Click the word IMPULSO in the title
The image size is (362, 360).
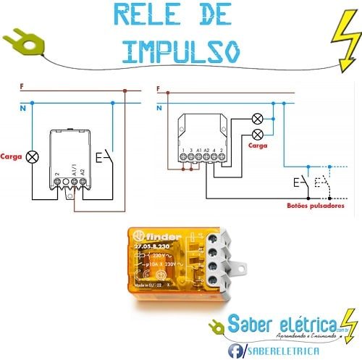(x=181, y=49)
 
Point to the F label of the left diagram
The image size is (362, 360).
(x=22, y=87)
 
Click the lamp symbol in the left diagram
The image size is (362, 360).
(x=31, y=156)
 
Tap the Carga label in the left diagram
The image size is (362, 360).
(x=11, y=156)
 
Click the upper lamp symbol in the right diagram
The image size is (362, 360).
(x=256, y=119)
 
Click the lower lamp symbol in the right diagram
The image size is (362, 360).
(x=256, y=134)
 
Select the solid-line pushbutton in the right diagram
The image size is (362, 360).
(x=300, y=183)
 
